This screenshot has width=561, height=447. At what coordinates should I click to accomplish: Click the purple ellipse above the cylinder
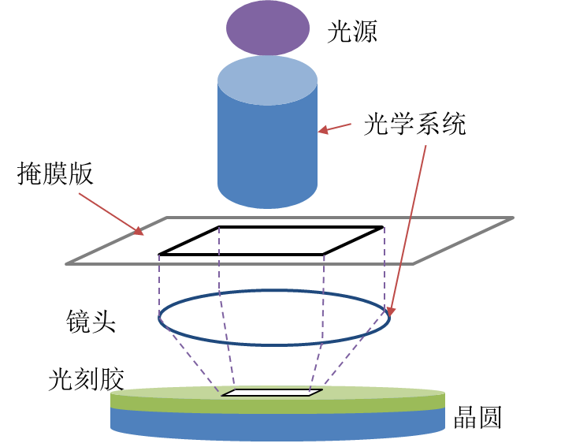tap(268, 28)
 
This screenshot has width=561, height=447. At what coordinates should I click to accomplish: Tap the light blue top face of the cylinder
tap(268, 80)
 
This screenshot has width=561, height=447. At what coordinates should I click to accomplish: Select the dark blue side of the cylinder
tap(268, 150)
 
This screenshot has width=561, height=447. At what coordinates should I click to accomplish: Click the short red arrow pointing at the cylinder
tap(335, 128)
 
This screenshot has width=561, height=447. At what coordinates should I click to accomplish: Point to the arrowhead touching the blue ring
tap(389, 311)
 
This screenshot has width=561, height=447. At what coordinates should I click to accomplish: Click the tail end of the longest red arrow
tap(425, 146)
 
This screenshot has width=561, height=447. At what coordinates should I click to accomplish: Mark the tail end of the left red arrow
tap(79, 193)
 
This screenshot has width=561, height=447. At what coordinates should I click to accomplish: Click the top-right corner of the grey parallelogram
tap(513, 218)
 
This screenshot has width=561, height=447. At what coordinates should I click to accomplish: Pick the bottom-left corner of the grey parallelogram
tap(67, 263)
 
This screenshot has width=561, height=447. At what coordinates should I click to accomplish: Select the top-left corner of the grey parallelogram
tap(167, 218)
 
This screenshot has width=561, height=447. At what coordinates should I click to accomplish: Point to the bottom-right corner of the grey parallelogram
tap(414, 263)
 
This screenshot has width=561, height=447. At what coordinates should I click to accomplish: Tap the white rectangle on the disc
tap(272, 393)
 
